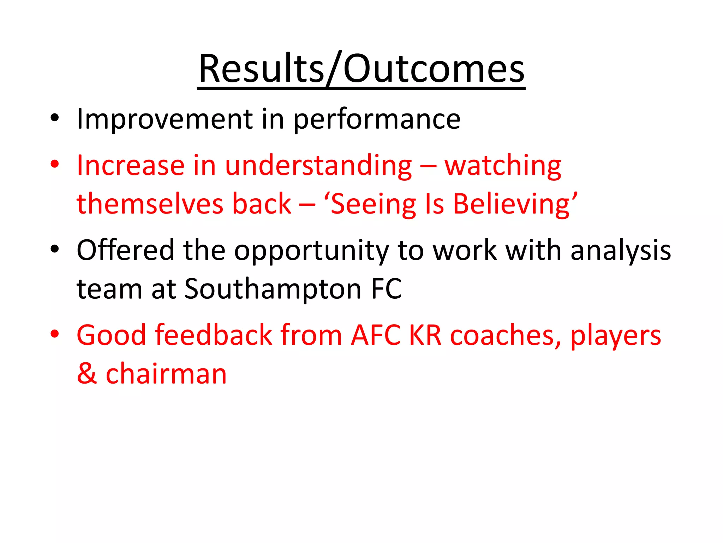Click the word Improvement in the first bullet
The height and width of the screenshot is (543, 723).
[x=165, y=119]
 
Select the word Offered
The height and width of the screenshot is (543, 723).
[x=125, y=250]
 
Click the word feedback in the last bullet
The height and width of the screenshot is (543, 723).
[x=214, y=335]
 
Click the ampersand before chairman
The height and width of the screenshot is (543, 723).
[x=87, y=373]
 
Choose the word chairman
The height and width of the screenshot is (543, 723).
[x=166, y=374]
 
